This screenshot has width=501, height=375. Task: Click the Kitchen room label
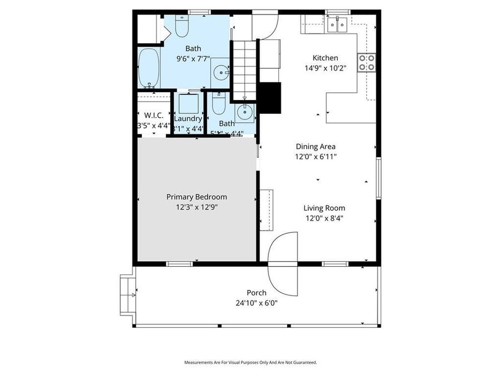(325, 58)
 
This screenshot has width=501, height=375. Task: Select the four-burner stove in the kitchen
(367, 62)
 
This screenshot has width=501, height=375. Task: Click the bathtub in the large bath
(149, 68)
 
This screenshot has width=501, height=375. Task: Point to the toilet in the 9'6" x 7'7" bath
(183, 26)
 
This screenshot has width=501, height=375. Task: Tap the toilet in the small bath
(218, 104)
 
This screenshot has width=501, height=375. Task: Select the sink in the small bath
(244, 112)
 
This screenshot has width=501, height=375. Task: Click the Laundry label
(188, 119)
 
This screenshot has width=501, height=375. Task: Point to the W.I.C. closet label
(153, 115)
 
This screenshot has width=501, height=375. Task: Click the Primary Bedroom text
(197, 197)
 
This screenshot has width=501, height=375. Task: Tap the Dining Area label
(315, 147)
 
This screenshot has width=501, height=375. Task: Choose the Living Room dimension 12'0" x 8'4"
(324, 218)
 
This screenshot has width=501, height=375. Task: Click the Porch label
(257, 293)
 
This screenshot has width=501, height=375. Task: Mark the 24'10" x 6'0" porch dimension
(257, 303)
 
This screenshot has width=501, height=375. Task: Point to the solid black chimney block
(271, 97)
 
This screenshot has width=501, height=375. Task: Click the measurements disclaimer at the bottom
(250, 362)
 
